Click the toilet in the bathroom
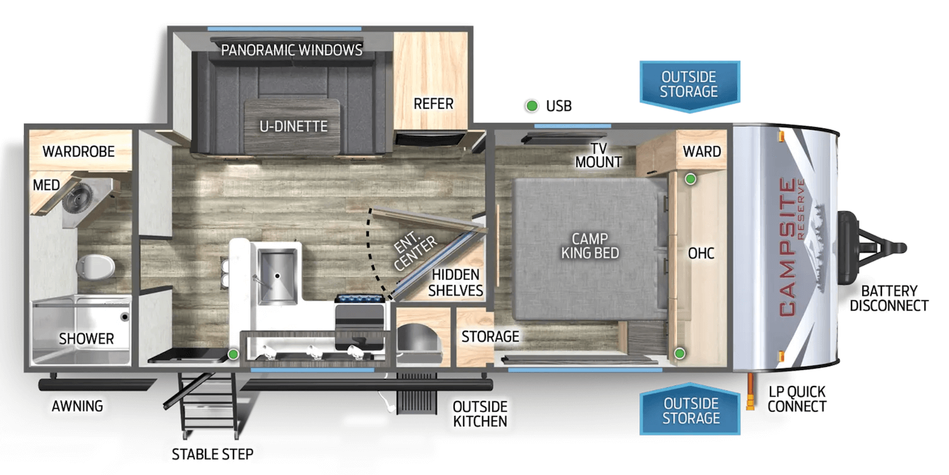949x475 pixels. click(x=96, y=266)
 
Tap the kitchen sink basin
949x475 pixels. click(x=277, y=276)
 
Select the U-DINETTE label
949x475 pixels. click(x=294, y=126)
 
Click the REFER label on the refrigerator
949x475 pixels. click(x=433, y=104)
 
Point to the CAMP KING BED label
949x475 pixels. click(x=590, y=245)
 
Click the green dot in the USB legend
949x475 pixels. click(x=531, y=106)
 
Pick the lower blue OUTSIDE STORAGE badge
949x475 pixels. click(x=690, y=409)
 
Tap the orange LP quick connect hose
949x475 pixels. click(x=750, y=392)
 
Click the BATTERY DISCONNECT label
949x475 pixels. click(x=889, y=299)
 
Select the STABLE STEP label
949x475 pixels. click(x=213, y=454)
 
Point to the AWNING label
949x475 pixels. click(x=77, y=406)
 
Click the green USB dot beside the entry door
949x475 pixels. click(x=233, y=354)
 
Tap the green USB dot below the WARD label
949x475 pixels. click(x=691, y=179)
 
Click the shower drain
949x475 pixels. click(x=125, y=316)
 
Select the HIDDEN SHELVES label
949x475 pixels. click(x=456, y=283)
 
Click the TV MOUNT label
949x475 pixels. click(x=599, y=155)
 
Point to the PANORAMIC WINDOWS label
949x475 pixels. click(x=292, y=51)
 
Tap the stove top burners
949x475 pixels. click(x=360, y=299)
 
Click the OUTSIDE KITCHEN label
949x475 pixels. click(x=480, y=414)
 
